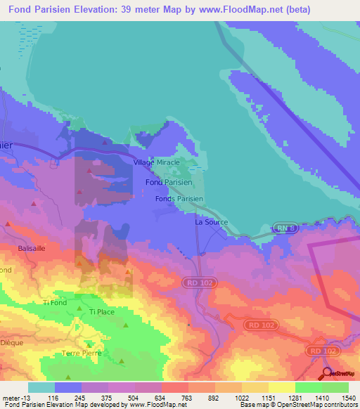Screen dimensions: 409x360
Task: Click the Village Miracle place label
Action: click(156, 162)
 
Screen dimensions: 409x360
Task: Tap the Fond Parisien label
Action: click(164, 182)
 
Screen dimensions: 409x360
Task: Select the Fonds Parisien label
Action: click(179, 200)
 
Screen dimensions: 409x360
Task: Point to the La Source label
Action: click(209, 222)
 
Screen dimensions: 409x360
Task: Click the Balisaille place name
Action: click(32, 249)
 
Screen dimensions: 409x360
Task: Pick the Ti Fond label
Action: click(55, 303)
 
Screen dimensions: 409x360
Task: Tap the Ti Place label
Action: click(102, 312)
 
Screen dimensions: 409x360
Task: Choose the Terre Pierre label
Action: click(82, 353)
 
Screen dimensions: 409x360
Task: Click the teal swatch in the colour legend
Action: click(41, 387)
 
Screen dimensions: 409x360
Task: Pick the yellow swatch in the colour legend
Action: click(281, 387)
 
